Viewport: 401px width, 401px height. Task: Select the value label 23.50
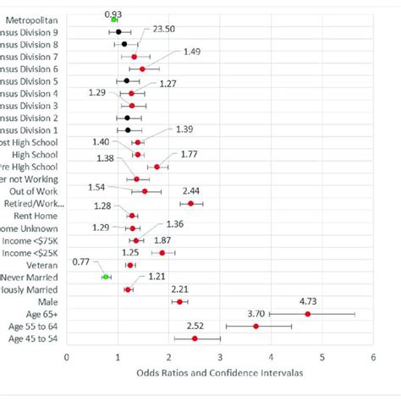(x=164, y=28)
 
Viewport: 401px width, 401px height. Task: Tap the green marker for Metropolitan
(x=115, y=19)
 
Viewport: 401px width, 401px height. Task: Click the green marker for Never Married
(x=106, y=277)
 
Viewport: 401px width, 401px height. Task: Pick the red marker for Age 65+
(x=307, y=314)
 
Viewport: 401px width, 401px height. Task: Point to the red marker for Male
(x=179, y=301)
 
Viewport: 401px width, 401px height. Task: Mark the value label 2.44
(x=214, y=191)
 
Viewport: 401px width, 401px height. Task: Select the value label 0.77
(x=84, y=262)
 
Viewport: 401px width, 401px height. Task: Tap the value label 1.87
(x=186, y=240)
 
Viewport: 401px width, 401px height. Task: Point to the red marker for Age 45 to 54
(x=195, y=338)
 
